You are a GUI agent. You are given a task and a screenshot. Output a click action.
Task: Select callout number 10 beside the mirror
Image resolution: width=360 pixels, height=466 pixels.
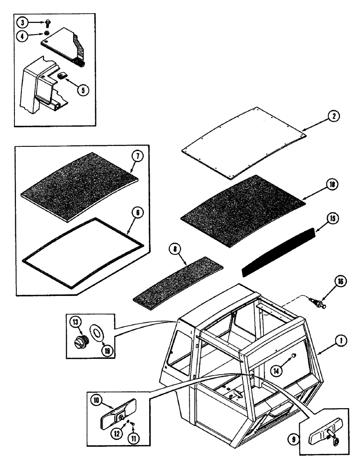(95, 400)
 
